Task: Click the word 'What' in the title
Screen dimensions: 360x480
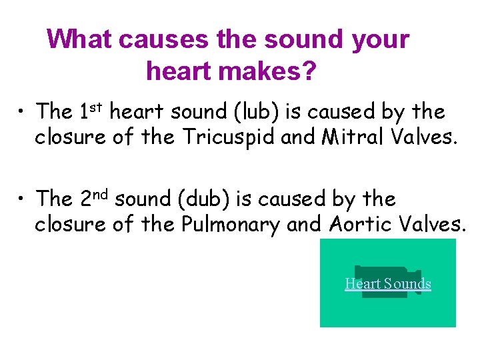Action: (x=79, y=40)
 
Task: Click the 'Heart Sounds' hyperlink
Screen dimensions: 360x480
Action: (x=388, y=284)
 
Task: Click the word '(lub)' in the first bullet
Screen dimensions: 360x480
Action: (x=257, y=111)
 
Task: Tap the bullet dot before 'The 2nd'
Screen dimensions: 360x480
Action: (x=23, y=197)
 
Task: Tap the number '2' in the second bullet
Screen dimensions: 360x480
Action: (x=86, y=199)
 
